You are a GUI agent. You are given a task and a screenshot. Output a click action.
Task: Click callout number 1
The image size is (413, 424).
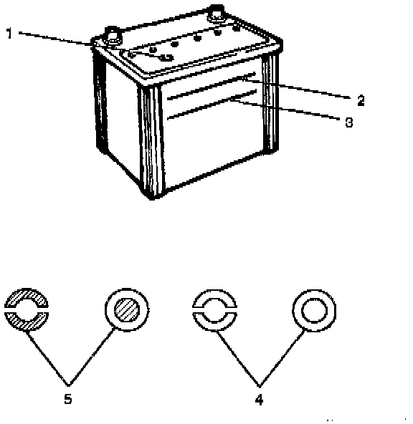coord(9,33)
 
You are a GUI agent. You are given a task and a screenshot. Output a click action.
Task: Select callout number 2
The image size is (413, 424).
coord(361,100)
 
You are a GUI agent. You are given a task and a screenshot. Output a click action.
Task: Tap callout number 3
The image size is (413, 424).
coord(349,122)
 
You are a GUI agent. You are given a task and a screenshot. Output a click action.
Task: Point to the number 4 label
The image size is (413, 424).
coord(259,400)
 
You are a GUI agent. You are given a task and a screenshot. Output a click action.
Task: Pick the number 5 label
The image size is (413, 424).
coord(68,399)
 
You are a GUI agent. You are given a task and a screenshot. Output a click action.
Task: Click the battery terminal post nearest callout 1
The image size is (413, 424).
coord(113,36)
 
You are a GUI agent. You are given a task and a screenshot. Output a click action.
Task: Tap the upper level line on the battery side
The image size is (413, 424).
coord(212,86)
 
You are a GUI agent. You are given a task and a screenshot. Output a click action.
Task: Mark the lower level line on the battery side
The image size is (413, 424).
coord(212,105)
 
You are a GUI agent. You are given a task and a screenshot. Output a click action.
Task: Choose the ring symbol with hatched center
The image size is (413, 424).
coord(127,309)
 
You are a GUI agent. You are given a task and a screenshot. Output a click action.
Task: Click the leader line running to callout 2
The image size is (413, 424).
coord(296,88)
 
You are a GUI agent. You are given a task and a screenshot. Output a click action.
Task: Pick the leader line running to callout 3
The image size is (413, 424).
coord(285,110)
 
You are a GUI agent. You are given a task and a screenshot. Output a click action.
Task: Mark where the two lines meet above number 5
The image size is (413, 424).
coord(68,385)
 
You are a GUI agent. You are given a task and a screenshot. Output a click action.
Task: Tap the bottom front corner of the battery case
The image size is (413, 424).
coord(152,199)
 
